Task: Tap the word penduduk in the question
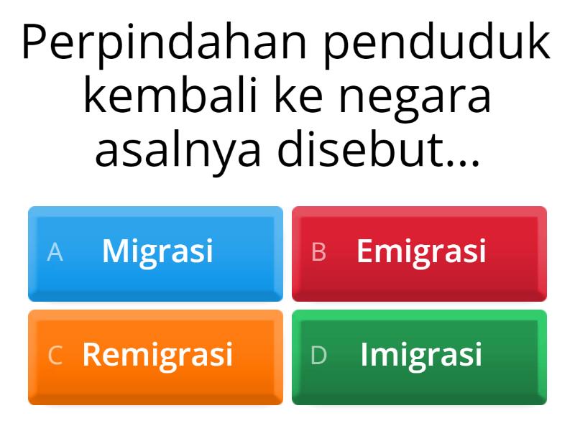coord(437,45)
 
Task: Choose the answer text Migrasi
coord(157,251)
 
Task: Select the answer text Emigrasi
coord(421,251)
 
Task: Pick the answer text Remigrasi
coord(157,355)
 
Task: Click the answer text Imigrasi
coord(421,355)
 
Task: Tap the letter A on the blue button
coord(55,252)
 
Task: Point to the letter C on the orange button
coord(55,356)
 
